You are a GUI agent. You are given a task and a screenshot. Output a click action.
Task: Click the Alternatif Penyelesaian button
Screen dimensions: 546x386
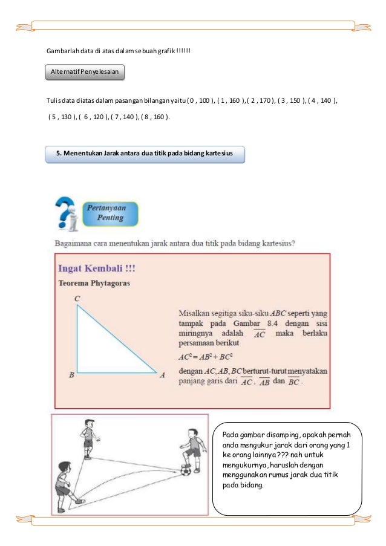tap(86, 73)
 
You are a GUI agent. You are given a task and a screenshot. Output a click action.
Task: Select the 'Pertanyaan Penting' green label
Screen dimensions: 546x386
tap(110, 213)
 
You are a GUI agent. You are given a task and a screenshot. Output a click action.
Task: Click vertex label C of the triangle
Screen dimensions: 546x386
tap(77, 299)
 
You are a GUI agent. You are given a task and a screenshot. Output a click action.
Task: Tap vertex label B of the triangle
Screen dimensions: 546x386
tap(71, 375)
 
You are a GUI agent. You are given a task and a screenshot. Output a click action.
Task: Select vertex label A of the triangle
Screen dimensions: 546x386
tap(162, 375)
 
